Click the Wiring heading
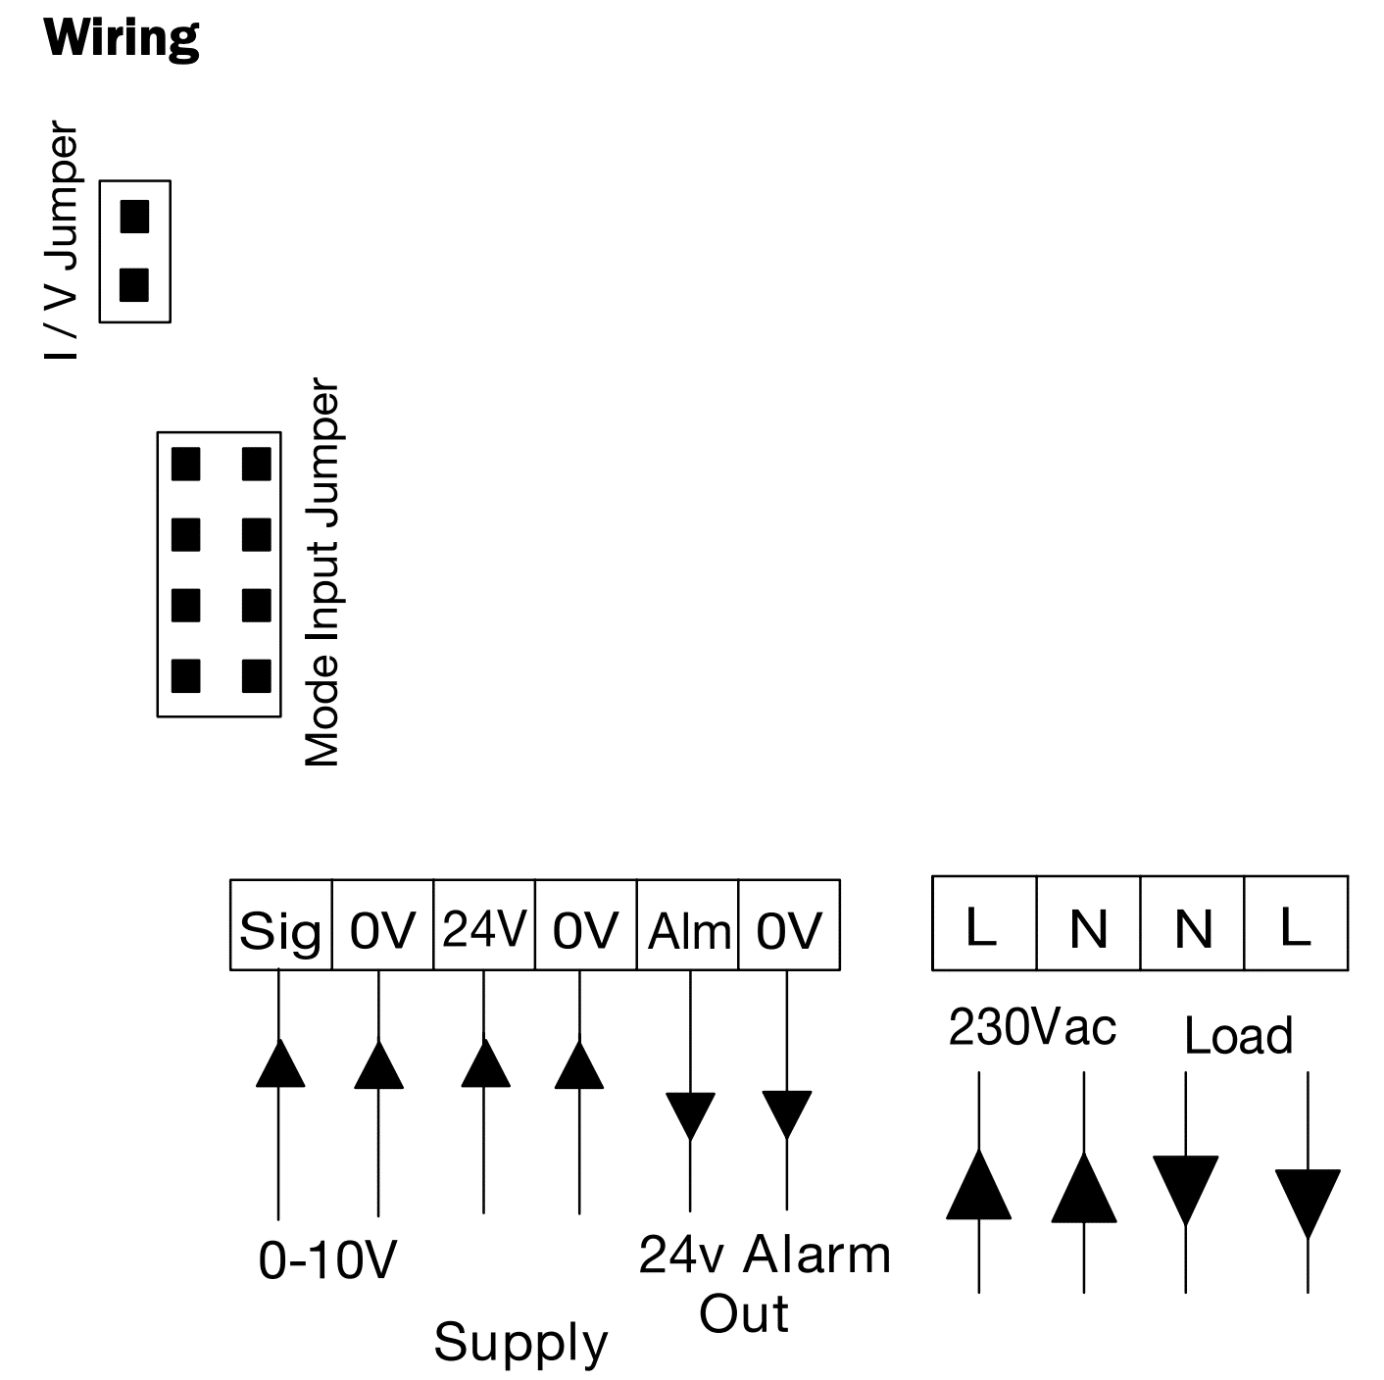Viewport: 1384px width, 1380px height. pyautogui.click(x=122, y=39)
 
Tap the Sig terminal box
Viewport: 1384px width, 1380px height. pyautogui.click(x=280, y=926)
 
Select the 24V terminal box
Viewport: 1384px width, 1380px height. pyautogui.click(x=484, y=926)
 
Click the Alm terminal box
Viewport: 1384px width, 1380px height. pyautogui.click(x=688, y=926)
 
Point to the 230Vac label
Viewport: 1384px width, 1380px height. pyautogui.click(x=1032, y=1028)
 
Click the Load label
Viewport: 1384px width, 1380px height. pyautogui.click(x=1238, y=1036)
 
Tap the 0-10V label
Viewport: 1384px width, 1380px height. pyautogui.click(x=327, y=1260)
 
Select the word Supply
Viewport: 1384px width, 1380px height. pyautogui.click(x=520, y=1343)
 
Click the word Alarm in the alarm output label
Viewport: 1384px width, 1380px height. pyautogui.click(x=817, y=1256)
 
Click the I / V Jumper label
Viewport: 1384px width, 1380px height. pyautogui.click(x=63, y=242)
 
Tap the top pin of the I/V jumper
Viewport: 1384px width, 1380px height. pyautogui.click(x=134, y=216)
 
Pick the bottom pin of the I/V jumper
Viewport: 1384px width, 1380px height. pyautogui.click(x=134, y=285)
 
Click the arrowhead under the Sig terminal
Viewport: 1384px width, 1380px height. pyautogui.click(x=280, y=1064)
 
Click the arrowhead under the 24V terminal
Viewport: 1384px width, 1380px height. pyautogui.click(x=485, y=1064)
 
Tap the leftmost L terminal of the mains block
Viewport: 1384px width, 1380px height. pyautogui.click(x=983, y=924)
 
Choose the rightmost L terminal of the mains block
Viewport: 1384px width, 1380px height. pyautogui.click(x=1296, y=924)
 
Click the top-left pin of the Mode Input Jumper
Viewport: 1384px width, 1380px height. pyautogui.click(x=185, y=464)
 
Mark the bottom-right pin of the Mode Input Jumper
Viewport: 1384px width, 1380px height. pyautogui.click(x=256, y=675)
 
